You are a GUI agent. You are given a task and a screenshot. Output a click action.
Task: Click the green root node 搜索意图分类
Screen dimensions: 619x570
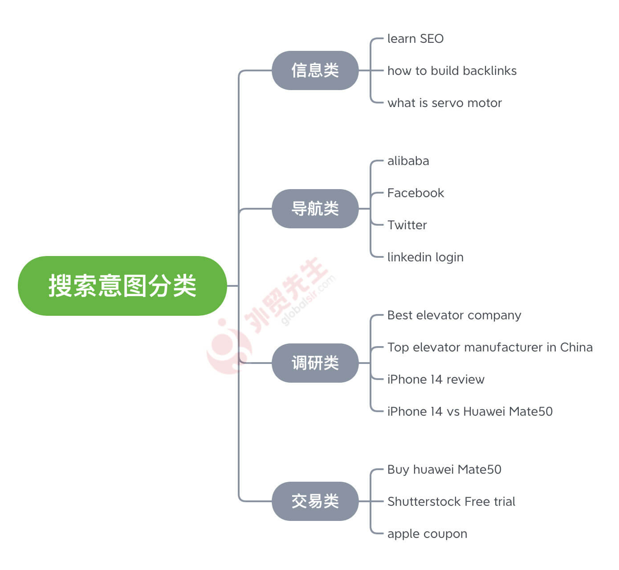tap(122, 285)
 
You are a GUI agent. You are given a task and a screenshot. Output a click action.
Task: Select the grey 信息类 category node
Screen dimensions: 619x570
tap(315, 70)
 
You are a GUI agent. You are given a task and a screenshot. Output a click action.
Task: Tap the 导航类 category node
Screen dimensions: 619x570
tap(315, 209)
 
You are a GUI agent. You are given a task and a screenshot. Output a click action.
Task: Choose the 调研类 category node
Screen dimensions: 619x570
tap(315, 363)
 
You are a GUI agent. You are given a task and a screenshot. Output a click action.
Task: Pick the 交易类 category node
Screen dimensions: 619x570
tap(315, 501)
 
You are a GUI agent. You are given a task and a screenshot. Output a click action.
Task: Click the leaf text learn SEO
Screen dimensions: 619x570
tap(415, 39)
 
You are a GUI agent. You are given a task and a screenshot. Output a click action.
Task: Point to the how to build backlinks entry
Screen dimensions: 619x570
tap(452, 71)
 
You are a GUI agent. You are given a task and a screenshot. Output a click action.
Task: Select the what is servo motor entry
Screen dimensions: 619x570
tap(444, 103)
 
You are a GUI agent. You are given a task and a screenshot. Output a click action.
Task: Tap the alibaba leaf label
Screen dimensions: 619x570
tap(408, 161)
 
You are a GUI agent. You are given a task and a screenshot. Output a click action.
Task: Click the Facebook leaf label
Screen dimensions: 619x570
tap(415, 193)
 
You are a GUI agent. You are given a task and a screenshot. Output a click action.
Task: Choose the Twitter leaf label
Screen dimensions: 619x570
tap(407, 225)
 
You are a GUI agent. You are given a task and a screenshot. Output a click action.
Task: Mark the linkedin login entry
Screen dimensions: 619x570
tap(425, 257)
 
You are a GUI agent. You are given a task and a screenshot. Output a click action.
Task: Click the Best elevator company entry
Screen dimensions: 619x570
tap(454, 315)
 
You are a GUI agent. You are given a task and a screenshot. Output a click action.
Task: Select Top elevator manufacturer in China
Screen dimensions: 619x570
tap(490, 347)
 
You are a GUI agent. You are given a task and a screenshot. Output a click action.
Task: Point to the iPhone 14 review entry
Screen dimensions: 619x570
tap(436, 379)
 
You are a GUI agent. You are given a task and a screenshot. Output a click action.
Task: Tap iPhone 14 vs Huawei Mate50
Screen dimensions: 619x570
tap(470, 411)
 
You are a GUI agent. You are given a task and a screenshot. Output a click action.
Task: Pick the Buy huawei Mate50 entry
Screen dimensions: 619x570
tap(444, 470)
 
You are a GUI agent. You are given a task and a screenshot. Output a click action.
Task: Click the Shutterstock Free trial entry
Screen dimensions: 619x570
tap(451, 501)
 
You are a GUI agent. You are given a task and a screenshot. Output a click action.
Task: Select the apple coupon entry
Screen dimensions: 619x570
tap(427, 534)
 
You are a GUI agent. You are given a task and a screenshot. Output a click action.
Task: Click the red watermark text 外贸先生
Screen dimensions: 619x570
tap(285, 296)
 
